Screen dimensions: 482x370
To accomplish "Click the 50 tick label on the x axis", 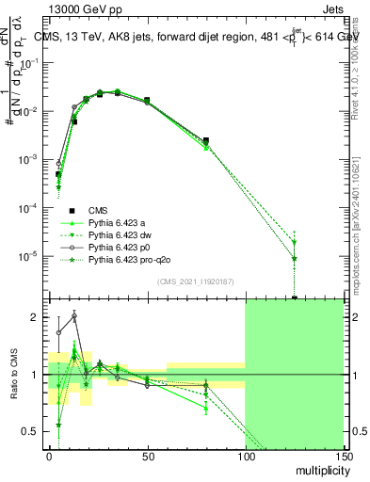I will click(x=147, y=456).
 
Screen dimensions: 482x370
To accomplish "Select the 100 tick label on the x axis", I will click(x=245, y=456).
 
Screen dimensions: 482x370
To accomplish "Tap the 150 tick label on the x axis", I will click(x=343, y=456).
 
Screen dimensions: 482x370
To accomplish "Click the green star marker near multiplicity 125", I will click(x=295, y=258).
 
